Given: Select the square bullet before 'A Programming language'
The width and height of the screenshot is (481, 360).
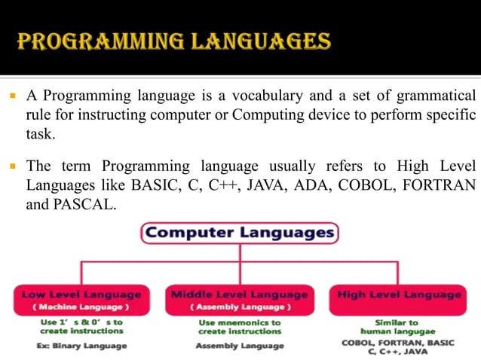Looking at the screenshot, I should [14, 96].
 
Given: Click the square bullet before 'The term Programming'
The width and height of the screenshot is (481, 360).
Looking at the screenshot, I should [14, 166].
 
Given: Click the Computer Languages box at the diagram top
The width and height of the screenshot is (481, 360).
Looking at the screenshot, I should [240, 233].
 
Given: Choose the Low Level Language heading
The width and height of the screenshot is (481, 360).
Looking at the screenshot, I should [81, 294].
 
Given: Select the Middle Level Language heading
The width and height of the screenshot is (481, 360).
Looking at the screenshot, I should [239, 294].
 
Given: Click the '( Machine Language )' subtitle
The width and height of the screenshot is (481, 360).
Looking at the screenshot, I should [81, 307].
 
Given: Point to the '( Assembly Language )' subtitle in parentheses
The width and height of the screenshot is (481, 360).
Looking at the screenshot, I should [239, 307].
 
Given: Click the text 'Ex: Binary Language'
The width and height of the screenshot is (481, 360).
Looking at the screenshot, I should [81, 346].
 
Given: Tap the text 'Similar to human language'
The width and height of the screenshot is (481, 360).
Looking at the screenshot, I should [400, 327].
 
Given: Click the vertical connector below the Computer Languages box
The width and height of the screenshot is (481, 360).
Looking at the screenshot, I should [240, 253].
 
